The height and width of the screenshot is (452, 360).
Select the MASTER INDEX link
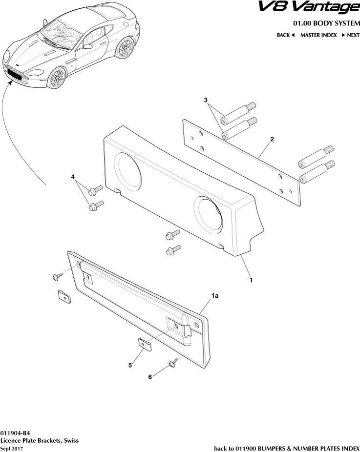point(318,35)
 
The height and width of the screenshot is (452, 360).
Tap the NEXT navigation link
point(350,35)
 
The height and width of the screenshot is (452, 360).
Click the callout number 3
point(206,100)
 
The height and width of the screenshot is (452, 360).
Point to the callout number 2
point(272,139)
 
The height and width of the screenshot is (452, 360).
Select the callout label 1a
point(214,296)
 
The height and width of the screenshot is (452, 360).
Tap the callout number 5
point(130,365)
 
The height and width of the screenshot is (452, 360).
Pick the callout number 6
point(150,377)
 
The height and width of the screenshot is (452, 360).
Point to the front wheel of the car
point(58,78)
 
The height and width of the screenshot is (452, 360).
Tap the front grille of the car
point(17,74)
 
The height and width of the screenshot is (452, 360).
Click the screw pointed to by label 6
point(172,363)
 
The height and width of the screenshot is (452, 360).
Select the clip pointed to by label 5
point(144,344)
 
